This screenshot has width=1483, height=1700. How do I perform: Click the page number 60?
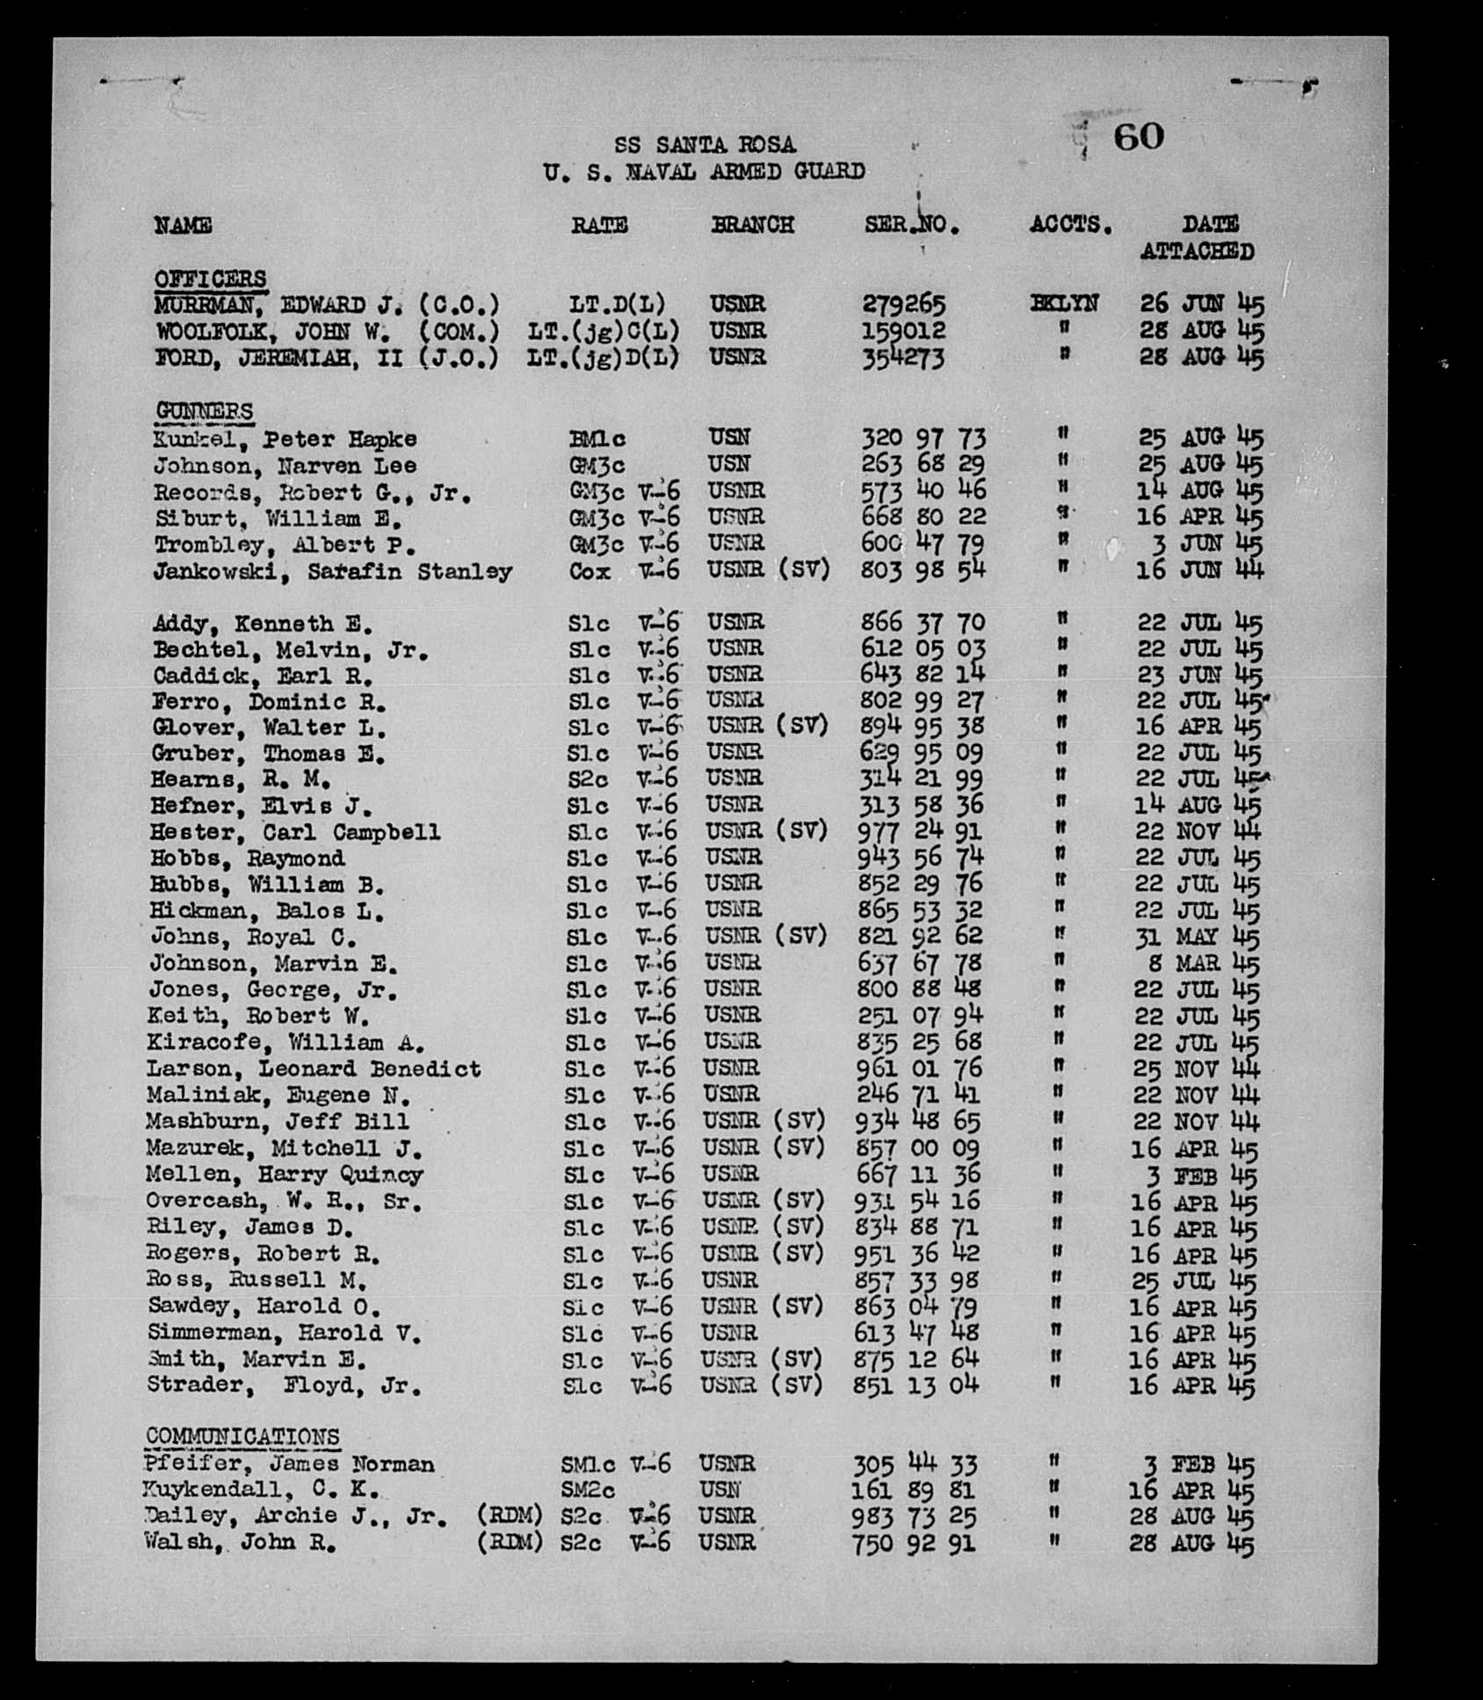coord(1139,137)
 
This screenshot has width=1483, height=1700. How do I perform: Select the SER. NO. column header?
coord(911,225)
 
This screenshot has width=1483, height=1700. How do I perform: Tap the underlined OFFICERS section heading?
coord(210,279)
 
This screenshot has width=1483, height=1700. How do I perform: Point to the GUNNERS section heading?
coord(204,411)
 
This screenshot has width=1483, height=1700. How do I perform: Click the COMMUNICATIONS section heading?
coord(242,1436)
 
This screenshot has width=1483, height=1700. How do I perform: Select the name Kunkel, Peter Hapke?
coord(285,439)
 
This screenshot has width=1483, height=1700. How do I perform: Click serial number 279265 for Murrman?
coord(903,305)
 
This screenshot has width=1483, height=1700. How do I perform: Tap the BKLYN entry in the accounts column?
coord(1064,304)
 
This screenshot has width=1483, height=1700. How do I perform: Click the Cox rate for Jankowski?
coord(590,571)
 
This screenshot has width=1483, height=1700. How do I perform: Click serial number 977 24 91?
coord(919,831)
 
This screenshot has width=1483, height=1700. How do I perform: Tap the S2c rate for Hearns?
coord(588,779)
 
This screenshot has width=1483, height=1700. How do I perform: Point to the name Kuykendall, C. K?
coord(261,1490)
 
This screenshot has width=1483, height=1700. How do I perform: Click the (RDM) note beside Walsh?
coord(509,1542)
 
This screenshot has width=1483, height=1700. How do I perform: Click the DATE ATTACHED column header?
coord(1198,238)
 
